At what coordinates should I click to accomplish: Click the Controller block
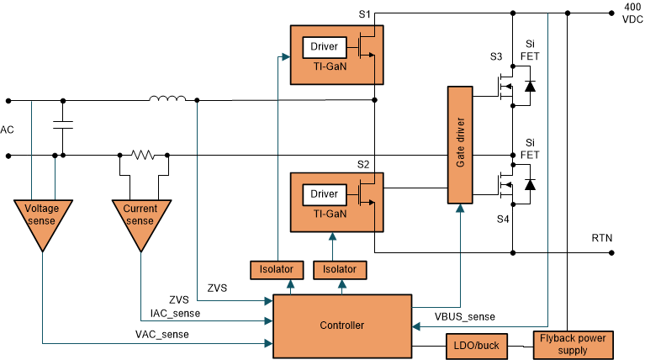(341, 325)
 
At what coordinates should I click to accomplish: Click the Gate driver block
(459, 145)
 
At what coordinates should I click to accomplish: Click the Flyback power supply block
(574, 344)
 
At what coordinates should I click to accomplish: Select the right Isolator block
(340, 270)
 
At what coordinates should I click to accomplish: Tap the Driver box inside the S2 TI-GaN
(323, 194)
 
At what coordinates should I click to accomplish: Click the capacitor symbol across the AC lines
(62, 125)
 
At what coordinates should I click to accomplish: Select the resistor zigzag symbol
(143, 155)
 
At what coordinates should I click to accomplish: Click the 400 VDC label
(632, 13)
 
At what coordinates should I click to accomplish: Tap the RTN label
(602, 239)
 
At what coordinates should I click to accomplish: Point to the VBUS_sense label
(464, 316)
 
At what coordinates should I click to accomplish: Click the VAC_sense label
(161, 334)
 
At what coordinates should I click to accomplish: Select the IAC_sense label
(175, 313)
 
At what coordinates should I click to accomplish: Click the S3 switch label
(496, 56)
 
